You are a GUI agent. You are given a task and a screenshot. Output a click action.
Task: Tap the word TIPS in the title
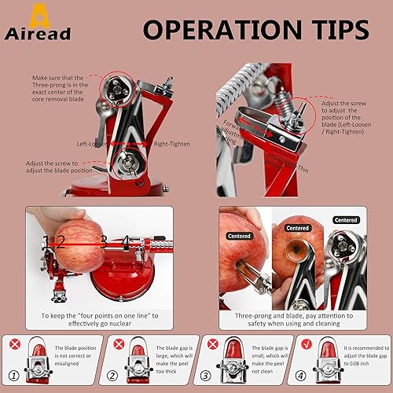click(x=333, y=30)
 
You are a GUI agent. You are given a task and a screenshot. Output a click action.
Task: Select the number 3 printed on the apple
click(x=103, y=241)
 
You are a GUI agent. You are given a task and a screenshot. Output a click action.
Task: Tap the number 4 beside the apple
click(x=125, y=241)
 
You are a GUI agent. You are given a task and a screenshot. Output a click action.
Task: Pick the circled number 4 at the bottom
click(x=304, y=376)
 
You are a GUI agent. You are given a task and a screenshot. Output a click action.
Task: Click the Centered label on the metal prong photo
click(x=347, y=221)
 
